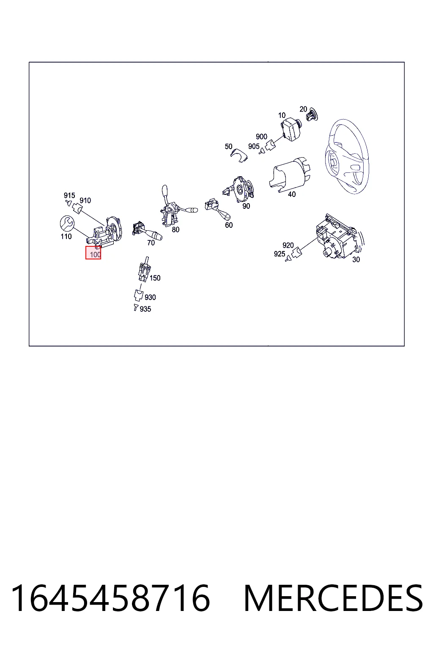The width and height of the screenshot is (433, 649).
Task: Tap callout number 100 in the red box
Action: (95, 255)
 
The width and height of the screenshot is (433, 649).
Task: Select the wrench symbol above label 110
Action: (67, 223)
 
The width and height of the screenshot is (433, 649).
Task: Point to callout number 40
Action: (291, 194)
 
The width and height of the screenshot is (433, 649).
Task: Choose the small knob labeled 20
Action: (312, 115)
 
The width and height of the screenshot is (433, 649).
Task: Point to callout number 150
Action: (155, 278)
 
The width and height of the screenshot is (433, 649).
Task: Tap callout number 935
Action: (145, 309)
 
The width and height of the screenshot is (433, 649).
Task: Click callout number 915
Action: (69, 195)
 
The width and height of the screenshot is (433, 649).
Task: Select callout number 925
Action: (279, 254)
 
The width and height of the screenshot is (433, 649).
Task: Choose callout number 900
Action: (261, 136)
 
